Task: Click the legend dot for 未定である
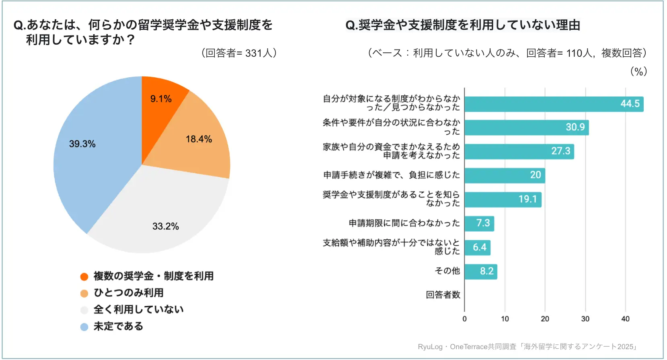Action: click(84, 327)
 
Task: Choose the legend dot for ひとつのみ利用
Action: click(84, 293)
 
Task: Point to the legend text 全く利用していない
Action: click(138, 310)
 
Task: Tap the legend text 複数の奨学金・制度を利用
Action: click(153, 276)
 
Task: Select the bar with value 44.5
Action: click(554, 104)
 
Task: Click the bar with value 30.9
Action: click(526, 128)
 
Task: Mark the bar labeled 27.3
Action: click(519, 152)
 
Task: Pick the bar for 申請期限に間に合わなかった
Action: click(479, 224)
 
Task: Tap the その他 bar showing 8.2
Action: click(481, 272)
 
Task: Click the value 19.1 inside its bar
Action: click(527, 200)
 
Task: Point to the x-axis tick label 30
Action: click(585, 319)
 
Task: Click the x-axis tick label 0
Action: click(464, 319)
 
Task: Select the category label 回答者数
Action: click(443, 295)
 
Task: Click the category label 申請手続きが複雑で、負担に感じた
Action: click(391, 175)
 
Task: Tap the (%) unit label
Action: click(638, 72)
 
